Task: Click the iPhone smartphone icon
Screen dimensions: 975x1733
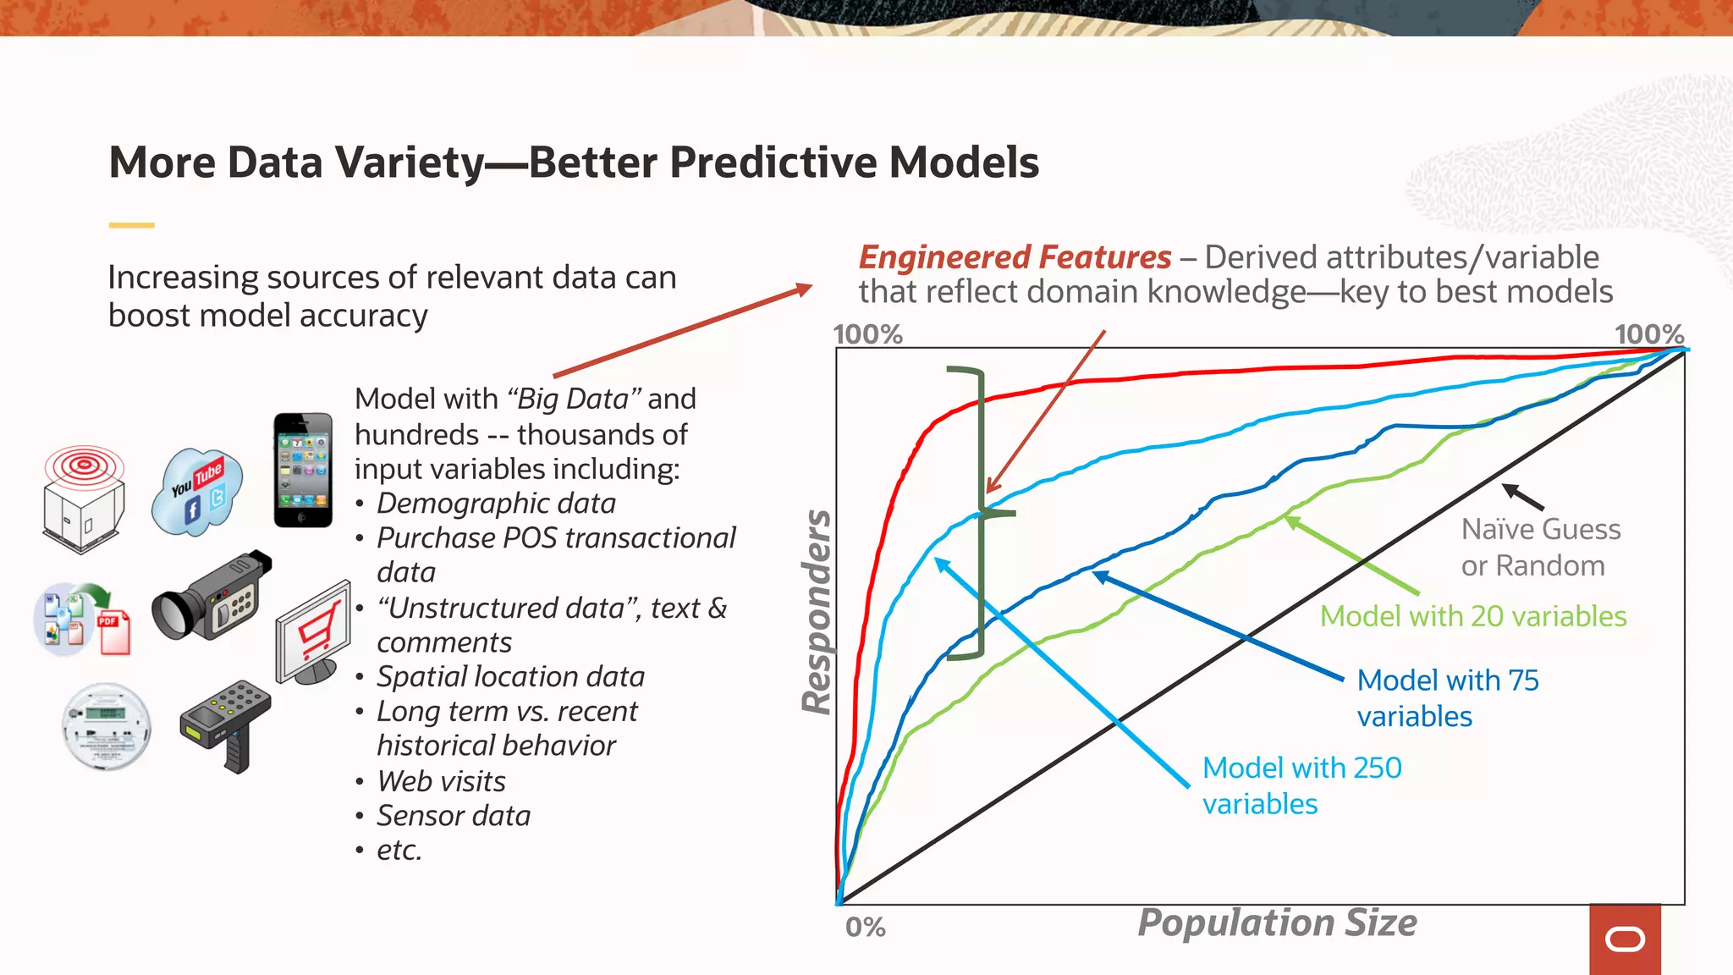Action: point(303,471)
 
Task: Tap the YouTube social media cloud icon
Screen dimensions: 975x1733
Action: point(197,491)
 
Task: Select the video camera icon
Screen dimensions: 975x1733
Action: point(212,596)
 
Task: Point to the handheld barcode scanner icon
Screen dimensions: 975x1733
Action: point(226,722)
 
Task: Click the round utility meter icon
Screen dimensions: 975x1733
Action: point(107,726)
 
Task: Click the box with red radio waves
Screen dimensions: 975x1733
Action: point(84,499)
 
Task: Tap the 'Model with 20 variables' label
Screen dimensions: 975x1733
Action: point(1472,616)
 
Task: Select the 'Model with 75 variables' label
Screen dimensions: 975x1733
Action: point(1447,698)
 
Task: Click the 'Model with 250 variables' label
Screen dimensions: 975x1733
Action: point(1301,785)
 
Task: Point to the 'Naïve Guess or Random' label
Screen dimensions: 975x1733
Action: point(1539,547)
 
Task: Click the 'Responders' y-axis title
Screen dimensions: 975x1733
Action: point(817,611)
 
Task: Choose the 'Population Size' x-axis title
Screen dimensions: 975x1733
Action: point(1276,923)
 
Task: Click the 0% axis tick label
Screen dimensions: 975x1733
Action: point(865,928)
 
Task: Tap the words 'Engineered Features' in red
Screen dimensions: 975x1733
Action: point(1015,257)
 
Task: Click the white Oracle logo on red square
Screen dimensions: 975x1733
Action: point(1625,939)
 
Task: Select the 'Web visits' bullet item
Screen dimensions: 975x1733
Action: point(441,780)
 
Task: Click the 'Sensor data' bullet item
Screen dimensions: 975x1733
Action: point(453,815)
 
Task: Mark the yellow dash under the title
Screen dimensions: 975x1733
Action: point(131,225)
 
